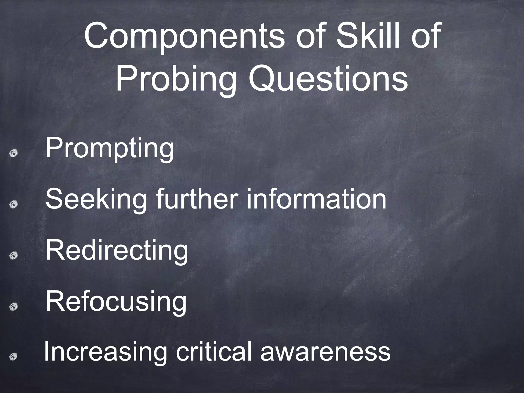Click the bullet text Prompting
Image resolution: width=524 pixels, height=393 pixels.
(110, 148)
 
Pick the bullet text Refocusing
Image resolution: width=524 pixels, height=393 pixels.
(116, 302)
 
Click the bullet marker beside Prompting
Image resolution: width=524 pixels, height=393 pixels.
(14, 153)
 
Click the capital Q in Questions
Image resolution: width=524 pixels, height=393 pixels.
(264, 77)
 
